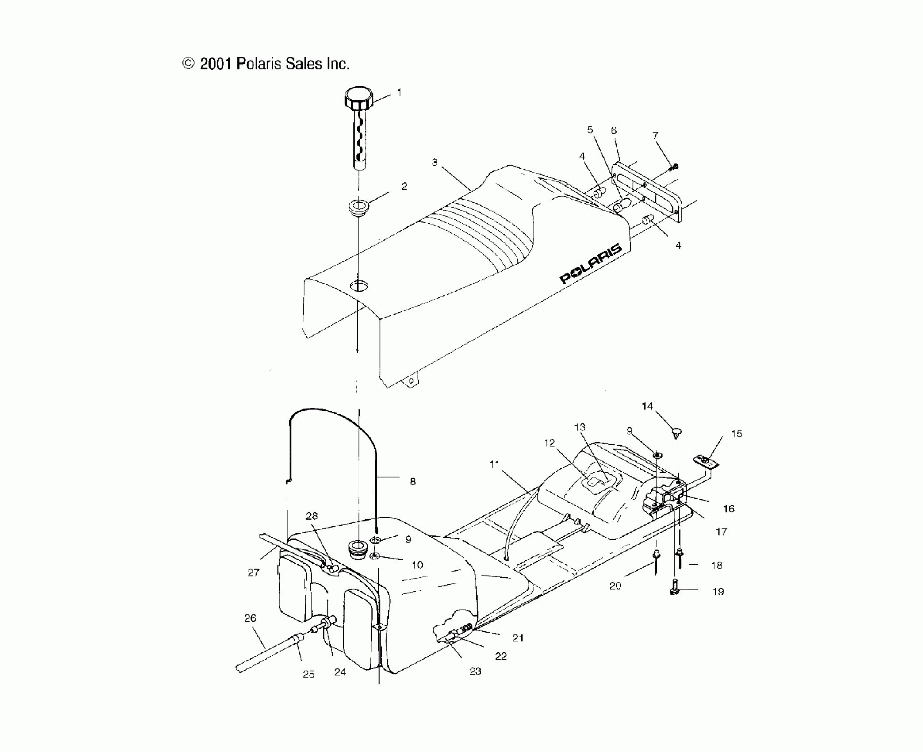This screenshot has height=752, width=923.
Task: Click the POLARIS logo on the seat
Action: click(x=591, y=264)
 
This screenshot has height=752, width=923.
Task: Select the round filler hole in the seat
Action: click(x=359, y=285)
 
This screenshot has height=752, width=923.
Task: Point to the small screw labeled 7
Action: click(x=674, y=167)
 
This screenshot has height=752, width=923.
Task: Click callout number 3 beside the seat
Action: click(x=434, y=162)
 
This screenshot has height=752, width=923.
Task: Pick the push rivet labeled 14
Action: click(x=676, y=432)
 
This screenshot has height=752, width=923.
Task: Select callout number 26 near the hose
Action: click(x=250, y=618)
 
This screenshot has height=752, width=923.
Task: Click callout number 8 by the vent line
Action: click(x=413, y=481)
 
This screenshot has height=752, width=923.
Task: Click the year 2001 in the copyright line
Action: click(x=216, y=64)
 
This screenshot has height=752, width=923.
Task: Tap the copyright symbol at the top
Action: click(x=188, y=64)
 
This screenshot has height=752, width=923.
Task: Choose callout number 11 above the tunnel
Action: click(x=494, y=464)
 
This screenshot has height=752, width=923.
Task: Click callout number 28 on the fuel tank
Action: click(x=312, y=516)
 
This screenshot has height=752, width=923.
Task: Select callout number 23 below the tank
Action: click(x=475, y=671)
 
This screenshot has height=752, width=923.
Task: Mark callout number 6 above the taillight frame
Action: click(x=613, y=130)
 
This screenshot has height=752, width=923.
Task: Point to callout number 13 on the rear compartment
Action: click(x=579, y=427)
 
